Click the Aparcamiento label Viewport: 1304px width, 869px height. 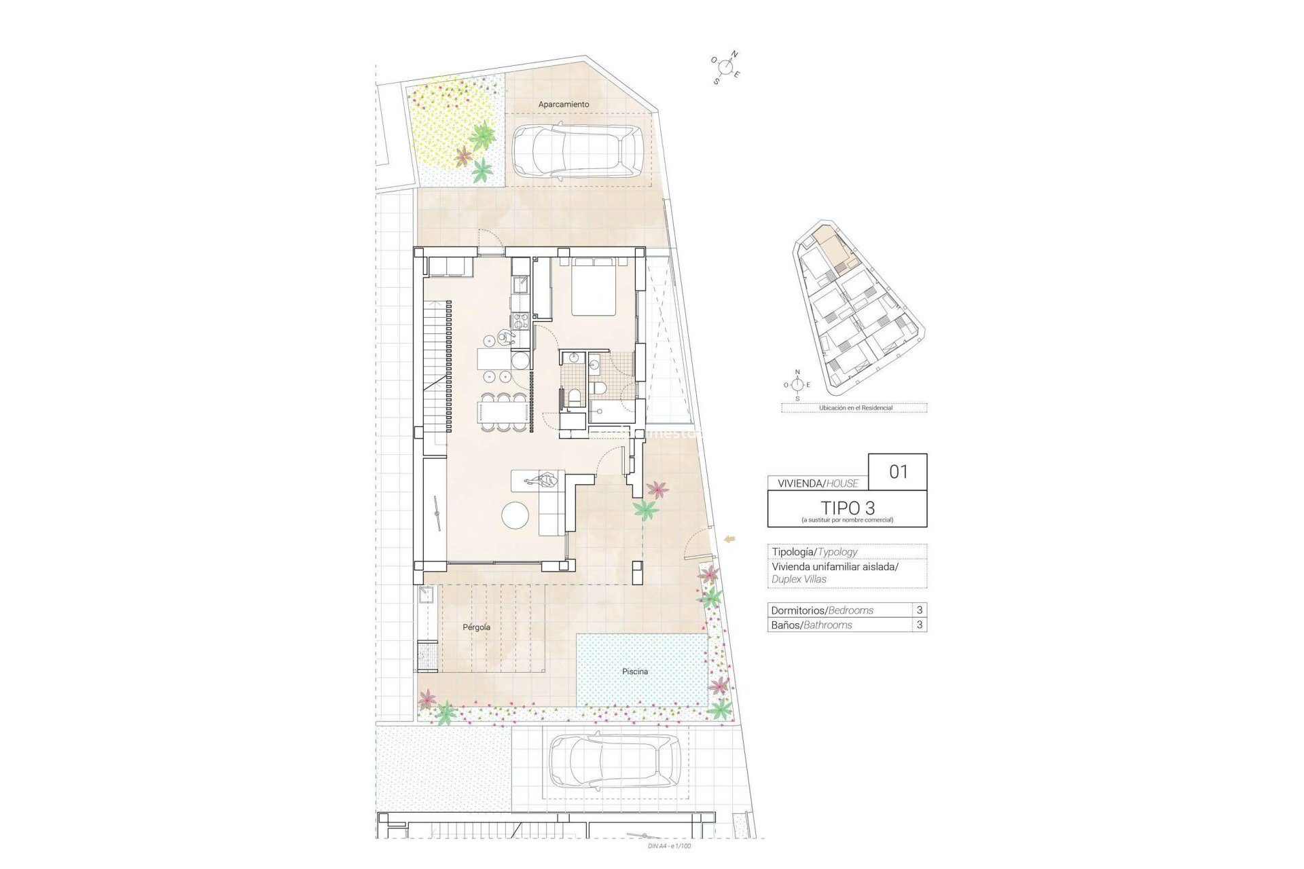point(564,105)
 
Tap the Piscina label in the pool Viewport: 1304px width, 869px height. point(635,671)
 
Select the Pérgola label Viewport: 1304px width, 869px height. point(476,627)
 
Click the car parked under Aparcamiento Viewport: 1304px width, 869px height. point(577,151)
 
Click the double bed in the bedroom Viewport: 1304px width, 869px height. point(594,287)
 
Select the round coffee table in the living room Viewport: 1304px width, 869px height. point(515,515)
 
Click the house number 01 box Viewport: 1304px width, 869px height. point(898,472)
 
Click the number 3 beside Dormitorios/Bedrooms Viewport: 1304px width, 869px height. point(920,610)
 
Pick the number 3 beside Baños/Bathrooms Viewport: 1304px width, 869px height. point(920,625)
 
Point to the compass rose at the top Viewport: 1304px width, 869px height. point(726,67)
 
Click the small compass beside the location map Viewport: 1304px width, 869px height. point(797,385)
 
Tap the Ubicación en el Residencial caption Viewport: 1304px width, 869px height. point(855,408)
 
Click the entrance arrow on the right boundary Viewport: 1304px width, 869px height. point(731,539)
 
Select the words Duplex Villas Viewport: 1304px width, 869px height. point(799,579)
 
